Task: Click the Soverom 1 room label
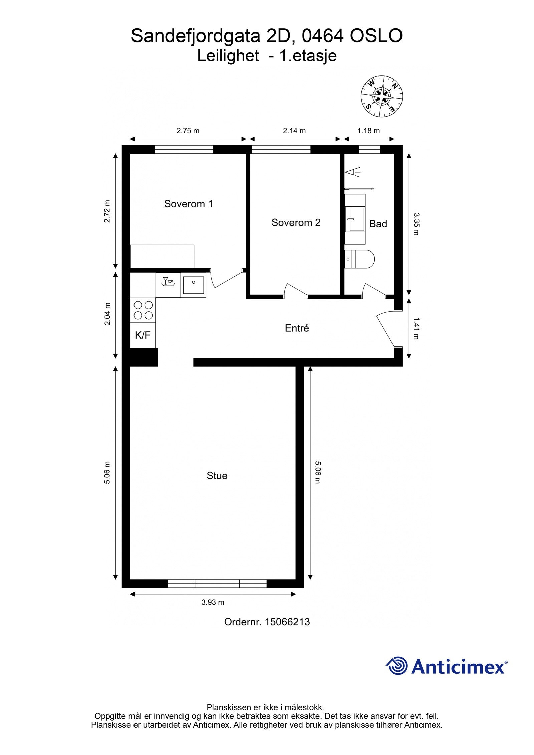coord(188,204)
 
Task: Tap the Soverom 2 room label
coord(296,222)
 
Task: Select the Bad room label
coord(378,224)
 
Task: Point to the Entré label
coord(297,328)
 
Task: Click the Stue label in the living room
coord(217,476)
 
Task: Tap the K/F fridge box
coord(143,335)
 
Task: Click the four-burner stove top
coord(143,310)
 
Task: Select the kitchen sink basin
coord(194,285)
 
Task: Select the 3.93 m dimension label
coord(213,603)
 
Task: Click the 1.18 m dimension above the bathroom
coord(368,131)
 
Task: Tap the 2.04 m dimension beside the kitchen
coord(107,314)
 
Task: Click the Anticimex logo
coord(447,667)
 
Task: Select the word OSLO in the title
coord(376,36)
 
